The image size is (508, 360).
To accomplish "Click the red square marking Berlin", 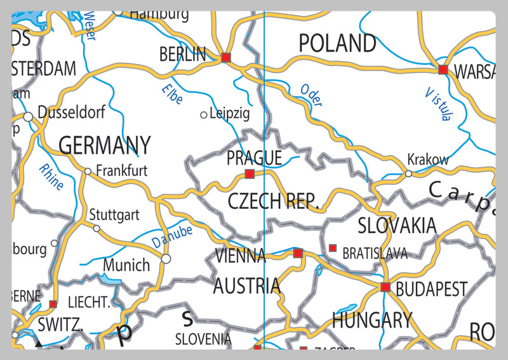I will pyautogui.click(x=226, y=58).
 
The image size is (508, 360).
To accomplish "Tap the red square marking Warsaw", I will pyautogui.click(x=443, y=69).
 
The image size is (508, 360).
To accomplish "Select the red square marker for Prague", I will pyautogui.click(x=250, y=174).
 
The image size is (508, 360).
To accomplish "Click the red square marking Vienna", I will pyautogui.click(x=298, y=253).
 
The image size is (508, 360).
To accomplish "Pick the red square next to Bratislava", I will pyautogui.click(x=332, y=248).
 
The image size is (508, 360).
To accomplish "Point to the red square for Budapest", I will pyautogui.click(x=385, y=287).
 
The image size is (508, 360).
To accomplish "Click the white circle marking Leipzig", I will pyautogui.click(x=204, y=115).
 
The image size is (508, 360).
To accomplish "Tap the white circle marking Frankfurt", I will pyautogui.click(x=88, y=171).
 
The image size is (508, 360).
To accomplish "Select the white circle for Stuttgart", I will pyautogui.click(x=97, y=228).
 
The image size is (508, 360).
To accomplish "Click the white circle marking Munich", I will pyautogui.click(x=166, y=258).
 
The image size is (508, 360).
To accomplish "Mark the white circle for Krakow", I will pyautogui.click(x=408, y=173).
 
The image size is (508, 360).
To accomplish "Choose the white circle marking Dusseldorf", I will pyautogui.click(x=28, y=117).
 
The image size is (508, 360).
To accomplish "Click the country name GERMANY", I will pyautogui.click(x=105, y=145).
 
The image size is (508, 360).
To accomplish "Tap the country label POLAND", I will pyautogui.click(x=337, y=43).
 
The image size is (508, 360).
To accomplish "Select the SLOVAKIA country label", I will pyautogui.click(x=397, y=225).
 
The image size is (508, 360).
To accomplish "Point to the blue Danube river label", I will pyautogui.click(x=171, y=237).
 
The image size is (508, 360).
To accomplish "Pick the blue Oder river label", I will pyautogui.click(x=311, y=95).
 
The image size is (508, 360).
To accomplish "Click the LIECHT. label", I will pyautogui.click(x=89, y=302).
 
